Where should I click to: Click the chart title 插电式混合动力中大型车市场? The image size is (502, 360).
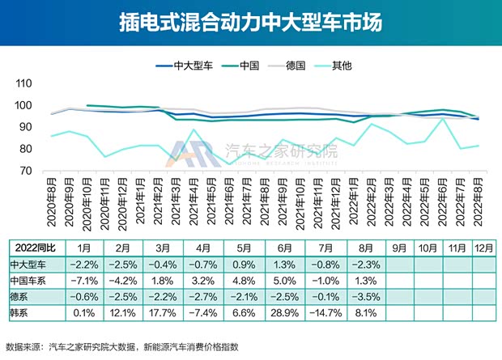click(250, 22)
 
